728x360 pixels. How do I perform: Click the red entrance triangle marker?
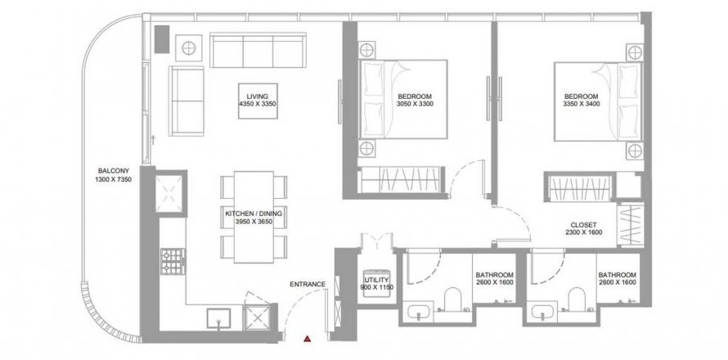(x=307, y=339)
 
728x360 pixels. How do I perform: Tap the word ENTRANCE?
(x=308, y=284)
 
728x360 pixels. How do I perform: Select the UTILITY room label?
(x=376, y=280)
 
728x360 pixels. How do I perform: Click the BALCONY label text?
(x=114, y=170)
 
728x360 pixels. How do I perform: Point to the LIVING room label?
(x=257, y=97)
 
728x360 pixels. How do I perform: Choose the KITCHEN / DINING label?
(x=254, y=214)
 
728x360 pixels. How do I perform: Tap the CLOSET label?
(x=584, y=225)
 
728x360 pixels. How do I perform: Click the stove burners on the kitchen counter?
(x=173, y=261)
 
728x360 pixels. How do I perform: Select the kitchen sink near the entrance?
(x=219, y=318)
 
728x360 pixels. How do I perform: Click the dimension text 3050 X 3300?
(x=415, y=104)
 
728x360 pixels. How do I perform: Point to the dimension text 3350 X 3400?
(x=582, y=104)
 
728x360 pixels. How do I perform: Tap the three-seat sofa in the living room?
(x=258, y=50)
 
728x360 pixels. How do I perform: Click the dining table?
(x=254, y=217)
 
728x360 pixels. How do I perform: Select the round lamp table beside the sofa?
(x=188, y=47)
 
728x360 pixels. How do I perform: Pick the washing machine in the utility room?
(x=375, y=286)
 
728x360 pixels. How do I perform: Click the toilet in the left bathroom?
(x=452, y=299)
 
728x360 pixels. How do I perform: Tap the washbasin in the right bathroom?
(x=542, y=313)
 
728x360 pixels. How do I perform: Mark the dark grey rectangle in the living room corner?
(x=162, y=39)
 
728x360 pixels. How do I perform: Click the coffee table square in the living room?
(x=258, y=101)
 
